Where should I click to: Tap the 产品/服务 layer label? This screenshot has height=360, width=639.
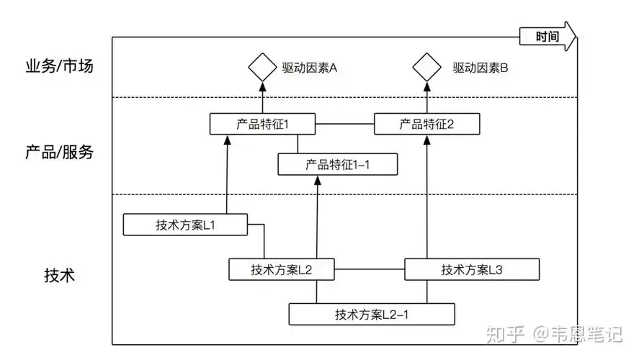(59, 153)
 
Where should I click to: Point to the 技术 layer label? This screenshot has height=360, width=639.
(59, 275)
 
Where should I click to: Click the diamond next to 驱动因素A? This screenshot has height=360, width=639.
(262, 68)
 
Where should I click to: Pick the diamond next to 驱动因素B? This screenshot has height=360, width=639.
(426, 68)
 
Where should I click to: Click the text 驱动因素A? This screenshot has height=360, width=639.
(309, 68)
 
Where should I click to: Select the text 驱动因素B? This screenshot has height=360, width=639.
(481, 68)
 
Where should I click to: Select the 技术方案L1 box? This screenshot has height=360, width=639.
(185, 225)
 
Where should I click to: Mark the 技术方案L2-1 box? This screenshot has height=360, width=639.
(372, 314)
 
